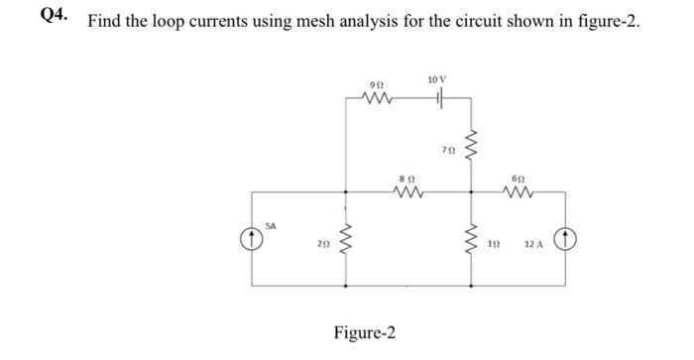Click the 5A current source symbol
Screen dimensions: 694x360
pyautogui.click(x=252, y=240)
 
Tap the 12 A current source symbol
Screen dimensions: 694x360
pyautogui.click(x=565, y=240)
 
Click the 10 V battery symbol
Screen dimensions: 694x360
pyautogui.click(x=440, y=97)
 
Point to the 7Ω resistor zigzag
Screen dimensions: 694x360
pyautogui.click(x=471, y=147)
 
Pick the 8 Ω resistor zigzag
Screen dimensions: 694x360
pyautogui.click(x=408, y=191)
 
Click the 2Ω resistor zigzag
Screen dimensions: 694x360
pyautogui.click(x=345, y=240)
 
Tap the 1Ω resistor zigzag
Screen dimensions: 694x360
pyautogui.click(x=471, y=240)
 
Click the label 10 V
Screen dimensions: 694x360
pyautogui.click(x=437, y=79)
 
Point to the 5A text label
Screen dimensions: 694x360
pyautogui.click(x=271, y=226)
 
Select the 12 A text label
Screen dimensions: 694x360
pyautogui.click(x=533, y=244)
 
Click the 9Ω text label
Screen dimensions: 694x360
pyautogui.click(x=377, y=84)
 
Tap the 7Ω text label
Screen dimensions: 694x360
pyautogui.click(x=448, y=151)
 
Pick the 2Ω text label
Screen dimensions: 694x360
pyautogui.click(x=323, y=244)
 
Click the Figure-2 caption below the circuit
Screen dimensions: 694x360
pyautogui.click(x=365, y=332)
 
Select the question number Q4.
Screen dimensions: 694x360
pyautogui.click(x=54, y=15)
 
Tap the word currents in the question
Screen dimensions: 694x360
pyautogui.click(x=219, y=21)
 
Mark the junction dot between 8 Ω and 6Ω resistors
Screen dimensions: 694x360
pyautogui.click(x=471, y=192)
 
